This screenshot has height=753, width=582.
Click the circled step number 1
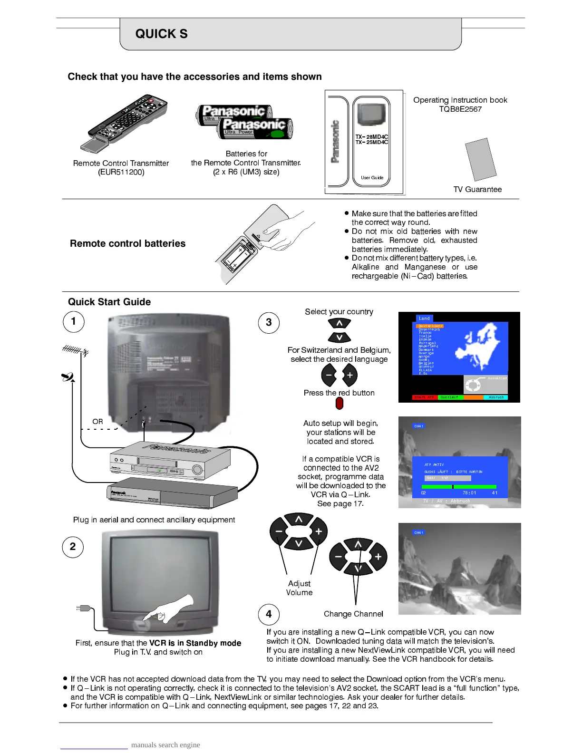tap(73, 321)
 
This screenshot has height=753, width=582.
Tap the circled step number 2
tap(73, 547)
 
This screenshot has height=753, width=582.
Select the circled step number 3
tap(269, 323)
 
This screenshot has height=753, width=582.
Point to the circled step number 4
tap(269, 614)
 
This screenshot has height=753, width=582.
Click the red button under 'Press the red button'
tap(339, 403)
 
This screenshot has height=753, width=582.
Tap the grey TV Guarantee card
tap(481, 159)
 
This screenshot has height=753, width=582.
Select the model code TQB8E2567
tap(460, 109)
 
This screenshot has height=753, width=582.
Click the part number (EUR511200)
tap(121, 172)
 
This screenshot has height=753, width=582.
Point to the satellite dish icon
tap(68, 377)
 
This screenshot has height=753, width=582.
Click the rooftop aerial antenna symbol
tap(76, 350)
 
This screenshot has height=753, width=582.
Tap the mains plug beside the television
tap(84, 608)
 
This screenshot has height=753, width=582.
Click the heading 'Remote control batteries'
tap(127, 243)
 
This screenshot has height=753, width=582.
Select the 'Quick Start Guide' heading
tap(109, 302)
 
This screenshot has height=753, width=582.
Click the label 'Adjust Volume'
tap(299, 588)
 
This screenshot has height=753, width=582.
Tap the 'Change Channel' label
tap(353, 614)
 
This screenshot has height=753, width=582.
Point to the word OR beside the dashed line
tap(97, 422)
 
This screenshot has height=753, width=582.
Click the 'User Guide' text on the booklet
tap(372, 178)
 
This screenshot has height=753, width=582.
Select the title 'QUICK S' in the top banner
tap(161, 34)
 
